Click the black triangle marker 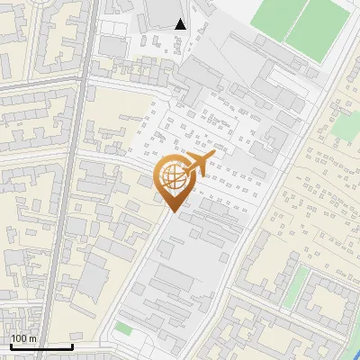click(x=181, y=24)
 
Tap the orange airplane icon click(x=196, y=165)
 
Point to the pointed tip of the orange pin click(x=171, y=211)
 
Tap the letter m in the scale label click(x=33, y=337)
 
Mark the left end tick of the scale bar click(x=10, y=346)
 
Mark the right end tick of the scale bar click(x=72, y=346)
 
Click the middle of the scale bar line click(x=40, y=346)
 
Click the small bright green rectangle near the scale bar click(x=123, y=329)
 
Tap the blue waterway click(x=354, y=347)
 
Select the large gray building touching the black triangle click(x=162, y=11)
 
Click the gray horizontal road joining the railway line click(x=36, y=83)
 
